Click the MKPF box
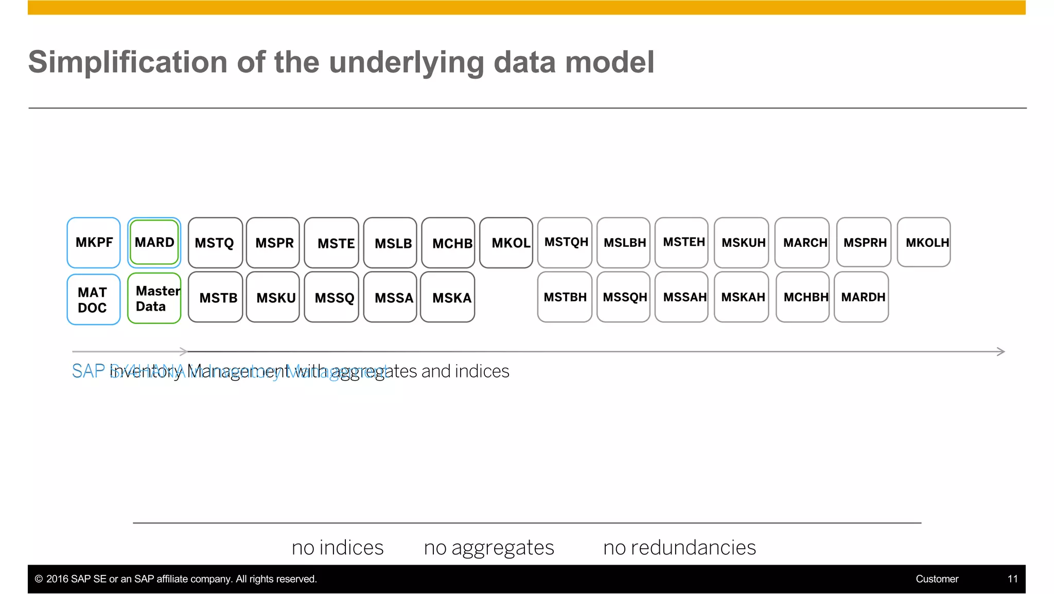(x=94, y=243)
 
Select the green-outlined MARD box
(x=154, y=242)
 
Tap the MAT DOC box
(x=94, y=299)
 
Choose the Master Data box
(x=154, y=298)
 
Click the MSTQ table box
(x=215, y=243)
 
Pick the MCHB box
(x=448, y=243)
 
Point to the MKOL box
(x=506, y=243)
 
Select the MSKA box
(x=448, y=297)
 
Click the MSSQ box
(x=331, y=297)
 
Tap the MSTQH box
(x=565, y=242)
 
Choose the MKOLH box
(x=924, y=242)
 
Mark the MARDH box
(x=862, y=297)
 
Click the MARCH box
(x=802, y=242)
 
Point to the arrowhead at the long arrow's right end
(x=1001, y=352)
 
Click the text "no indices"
(x=338, y=548)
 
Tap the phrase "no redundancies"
(x=679, y=548)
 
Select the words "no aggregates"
(x=489, y=548)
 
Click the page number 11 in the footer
(x=1012, y=579)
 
